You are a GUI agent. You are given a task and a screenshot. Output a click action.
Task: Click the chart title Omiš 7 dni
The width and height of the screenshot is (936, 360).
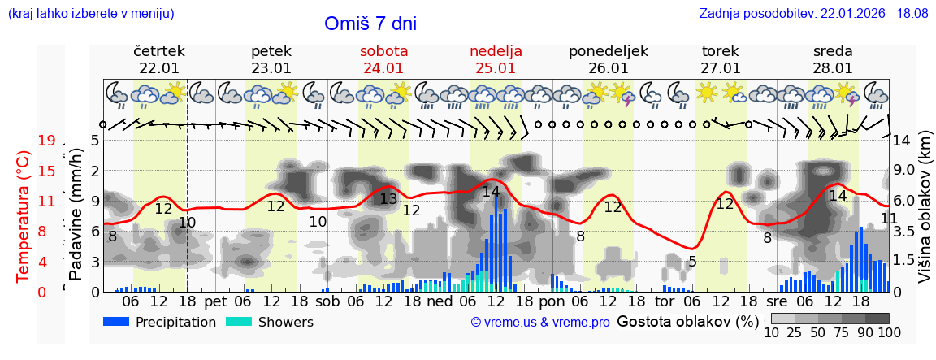tap(370, 24)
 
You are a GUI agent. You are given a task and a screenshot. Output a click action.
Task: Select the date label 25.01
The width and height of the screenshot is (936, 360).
tap(496, 68)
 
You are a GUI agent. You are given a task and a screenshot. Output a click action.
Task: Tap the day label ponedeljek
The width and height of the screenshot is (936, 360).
tap(609, 51)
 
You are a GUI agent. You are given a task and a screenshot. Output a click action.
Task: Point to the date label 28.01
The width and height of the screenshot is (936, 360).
tap(833, 68)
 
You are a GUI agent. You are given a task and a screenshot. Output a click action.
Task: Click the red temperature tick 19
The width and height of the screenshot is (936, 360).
tap(46, 141)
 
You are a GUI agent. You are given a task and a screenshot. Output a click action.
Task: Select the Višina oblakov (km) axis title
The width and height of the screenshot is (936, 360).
tap(925, 215)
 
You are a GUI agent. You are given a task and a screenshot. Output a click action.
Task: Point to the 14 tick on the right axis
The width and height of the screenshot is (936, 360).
tap(903, 141)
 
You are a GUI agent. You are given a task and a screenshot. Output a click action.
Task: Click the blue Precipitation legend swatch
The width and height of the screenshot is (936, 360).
tap(116, 322)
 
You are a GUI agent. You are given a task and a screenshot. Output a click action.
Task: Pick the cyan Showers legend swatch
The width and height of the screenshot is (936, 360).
tap(238, 322)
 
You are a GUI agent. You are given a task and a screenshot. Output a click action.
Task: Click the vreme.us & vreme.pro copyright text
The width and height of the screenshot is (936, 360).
tap(539, 323)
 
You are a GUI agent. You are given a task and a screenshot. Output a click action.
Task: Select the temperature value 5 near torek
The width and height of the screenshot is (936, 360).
tap(692, 262)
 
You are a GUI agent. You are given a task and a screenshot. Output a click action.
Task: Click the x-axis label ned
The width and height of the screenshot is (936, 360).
tap(440, 301)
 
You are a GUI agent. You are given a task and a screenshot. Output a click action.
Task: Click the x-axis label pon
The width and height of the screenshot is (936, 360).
tap(552, 301)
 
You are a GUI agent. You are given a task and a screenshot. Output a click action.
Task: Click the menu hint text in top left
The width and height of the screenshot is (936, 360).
tap(90, 13)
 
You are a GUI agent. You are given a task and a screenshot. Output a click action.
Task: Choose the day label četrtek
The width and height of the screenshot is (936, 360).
tap(159, 51)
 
